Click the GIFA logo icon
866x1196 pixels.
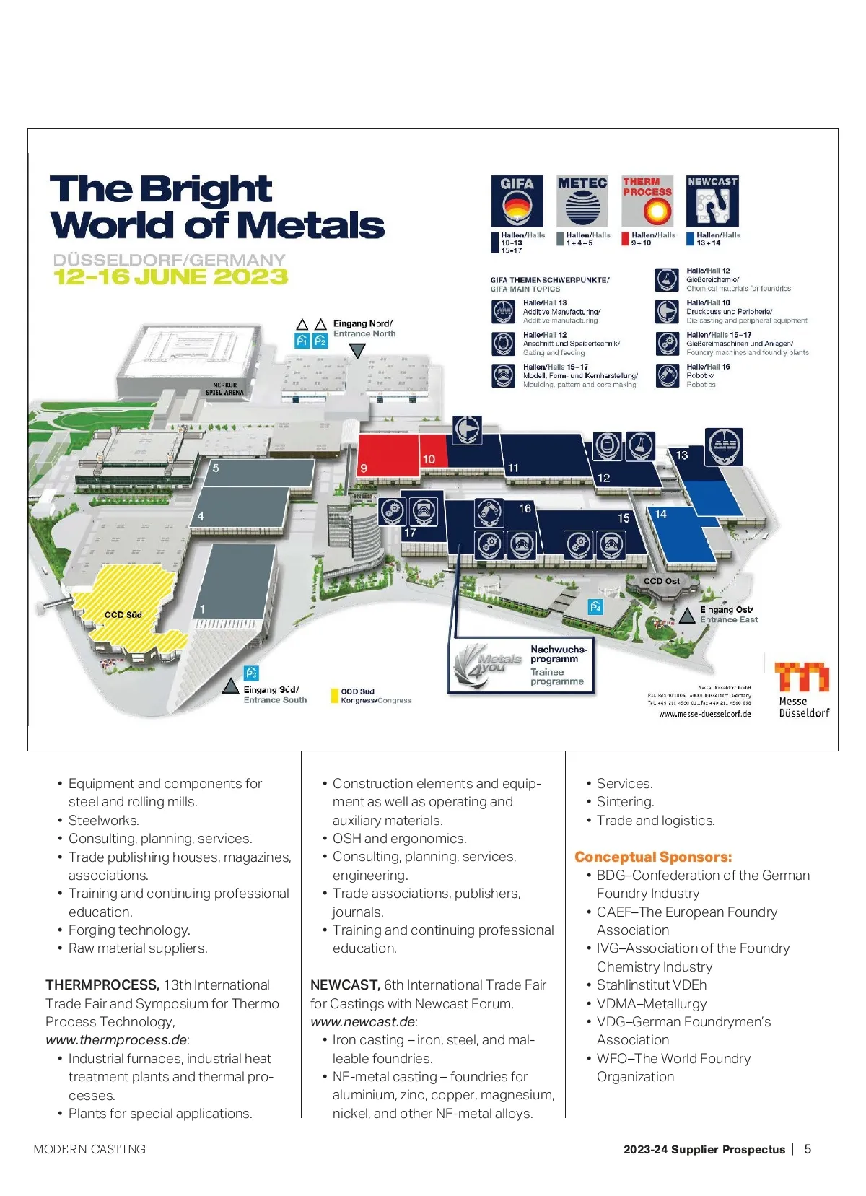(x=517, y=201)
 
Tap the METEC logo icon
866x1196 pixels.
(x=582, y=201)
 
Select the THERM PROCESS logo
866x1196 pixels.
(x=647, y=201)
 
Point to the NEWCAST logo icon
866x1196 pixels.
(x=712, y=201)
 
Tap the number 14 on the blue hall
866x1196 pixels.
(x=660, y=514)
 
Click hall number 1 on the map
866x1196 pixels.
(x=203, y=608)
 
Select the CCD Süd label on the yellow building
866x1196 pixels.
(x=123, y=614)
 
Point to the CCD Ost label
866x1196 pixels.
(x=661, y=581)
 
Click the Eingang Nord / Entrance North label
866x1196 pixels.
(x=364, y=328)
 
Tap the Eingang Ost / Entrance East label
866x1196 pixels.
(x=728, y=614)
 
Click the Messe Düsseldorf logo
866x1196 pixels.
(x=802, y=689)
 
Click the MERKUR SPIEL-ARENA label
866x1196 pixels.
(x=224, y=389)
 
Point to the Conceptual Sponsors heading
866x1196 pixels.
(x=653, y=857)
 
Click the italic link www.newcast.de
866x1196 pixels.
(x=363, y=1021)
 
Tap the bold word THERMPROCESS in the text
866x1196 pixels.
(x=102, y=985)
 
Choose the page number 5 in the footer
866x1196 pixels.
(x=808, y=1149)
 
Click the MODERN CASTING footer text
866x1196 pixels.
(x=89, y=1149)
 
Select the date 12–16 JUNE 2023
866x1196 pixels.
(x=170, y=276)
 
